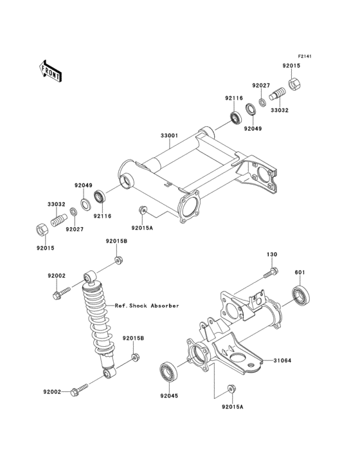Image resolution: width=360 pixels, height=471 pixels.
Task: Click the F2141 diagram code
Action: pyautogui.click(x=304, y=57)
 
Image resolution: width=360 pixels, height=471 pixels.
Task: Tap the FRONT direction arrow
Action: pyautogui.click(x=51, y=71)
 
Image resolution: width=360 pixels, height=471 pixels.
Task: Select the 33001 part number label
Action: pyautogui.click(x=169, y=136)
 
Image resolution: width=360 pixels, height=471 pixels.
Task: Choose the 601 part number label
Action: pyautogui.click(x=299, y=272)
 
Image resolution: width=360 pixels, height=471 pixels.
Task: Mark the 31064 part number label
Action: pyautogui.click(x=283, y=360)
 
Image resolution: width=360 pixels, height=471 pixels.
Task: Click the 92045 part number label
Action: pyautogui.click(x=168, y=397)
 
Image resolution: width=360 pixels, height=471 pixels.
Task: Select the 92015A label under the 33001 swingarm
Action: pyautogui.click(x=142, y=228)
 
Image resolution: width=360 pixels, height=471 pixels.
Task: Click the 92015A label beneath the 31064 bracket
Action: pyautogui.click(x=232, y=407)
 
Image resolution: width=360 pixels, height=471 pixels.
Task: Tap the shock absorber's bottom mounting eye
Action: pyautogui.click(x=110, y=373)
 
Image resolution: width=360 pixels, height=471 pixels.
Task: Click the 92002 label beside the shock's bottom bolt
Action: pyautogui.click(x=56, y=391)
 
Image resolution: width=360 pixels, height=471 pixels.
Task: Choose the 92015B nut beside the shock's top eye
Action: pyautogui.click(x=118, y=259)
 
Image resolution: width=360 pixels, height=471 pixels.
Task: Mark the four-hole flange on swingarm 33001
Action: pyautogui.click(x=191, y=210)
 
